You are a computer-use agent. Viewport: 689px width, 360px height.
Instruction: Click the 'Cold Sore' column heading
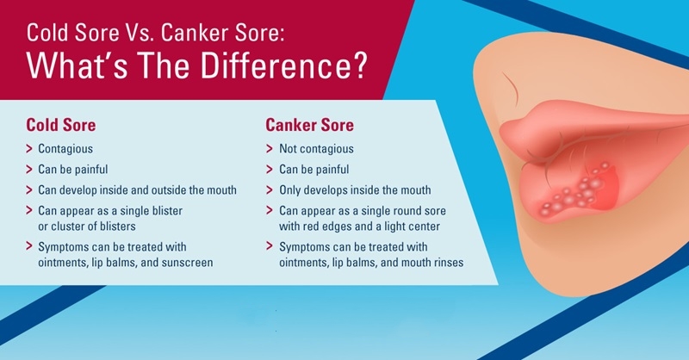pos(60,125)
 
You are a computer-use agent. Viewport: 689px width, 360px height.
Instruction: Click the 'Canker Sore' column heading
pos(309,125)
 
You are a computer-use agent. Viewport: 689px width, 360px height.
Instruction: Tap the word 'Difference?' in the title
pos(283,65)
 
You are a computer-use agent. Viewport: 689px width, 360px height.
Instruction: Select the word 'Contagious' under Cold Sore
pos(65,149)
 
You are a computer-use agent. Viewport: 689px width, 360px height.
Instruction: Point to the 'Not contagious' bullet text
pos(316,149)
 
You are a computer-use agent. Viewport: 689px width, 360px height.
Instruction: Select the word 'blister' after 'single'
pos(167,210)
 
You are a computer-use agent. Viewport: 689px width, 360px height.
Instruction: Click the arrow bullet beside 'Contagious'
pos(29,149)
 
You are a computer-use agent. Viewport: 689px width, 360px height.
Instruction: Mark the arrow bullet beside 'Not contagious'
pos(270,149)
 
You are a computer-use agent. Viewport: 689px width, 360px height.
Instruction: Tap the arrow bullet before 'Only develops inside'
pos(270,189)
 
